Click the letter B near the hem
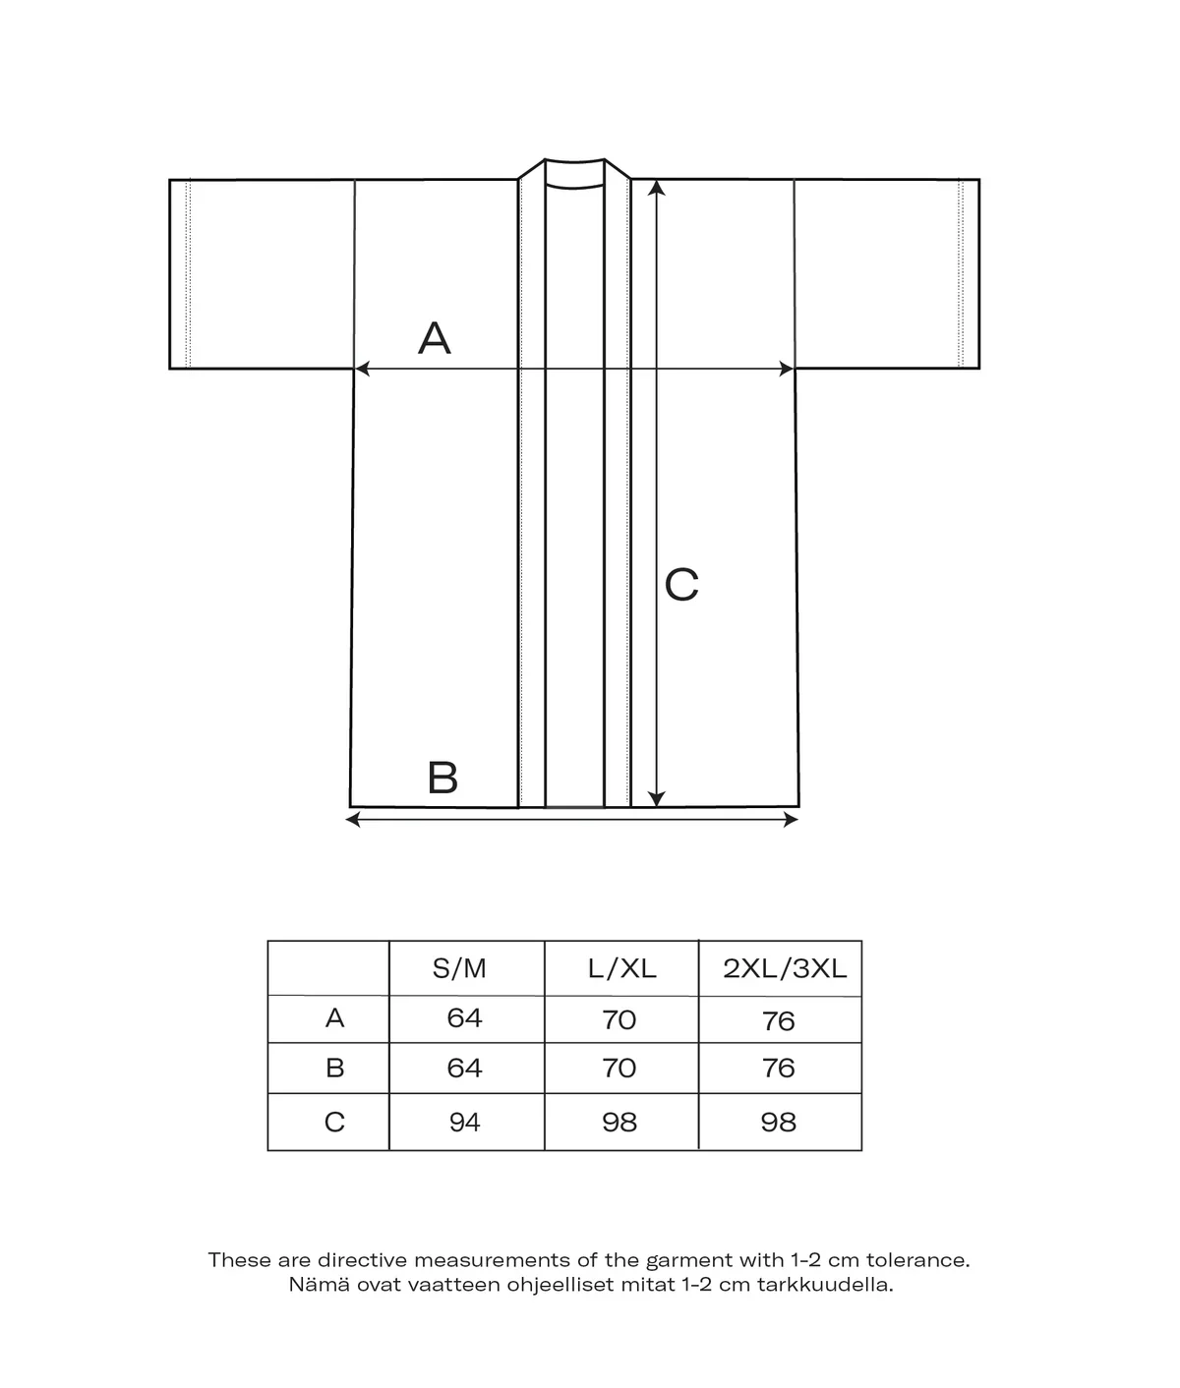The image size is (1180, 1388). point(442,778)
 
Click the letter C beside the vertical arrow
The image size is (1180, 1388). point(681,585)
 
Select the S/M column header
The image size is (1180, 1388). point(459,969)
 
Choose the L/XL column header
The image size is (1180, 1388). point(621,969)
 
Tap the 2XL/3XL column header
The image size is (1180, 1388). point(784,969)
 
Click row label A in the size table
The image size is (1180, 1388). point(334,1018)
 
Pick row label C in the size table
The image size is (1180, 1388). point(334,1122)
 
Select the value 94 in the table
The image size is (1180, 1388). point(464,1122)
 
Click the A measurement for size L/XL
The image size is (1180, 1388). point(619,1019)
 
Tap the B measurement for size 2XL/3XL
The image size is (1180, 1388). point(778,1069)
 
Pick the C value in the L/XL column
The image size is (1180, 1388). point(619,1122)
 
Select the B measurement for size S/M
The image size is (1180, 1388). point(464,1069)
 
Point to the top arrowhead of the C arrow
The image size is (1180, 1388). point(657,187)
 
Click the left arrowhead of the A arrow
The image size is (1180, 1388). point(361,369)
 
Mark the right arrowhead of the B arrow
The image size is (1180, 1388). point(792,819)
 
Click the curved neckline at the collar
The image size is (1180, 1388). point(574,185)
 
